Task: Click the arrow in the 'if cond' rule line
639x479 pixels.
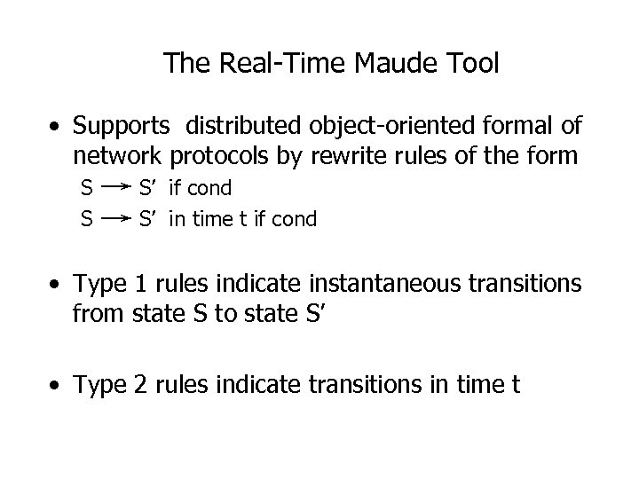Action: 114,188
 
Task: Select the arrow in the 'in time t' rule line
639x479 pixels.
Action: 114,218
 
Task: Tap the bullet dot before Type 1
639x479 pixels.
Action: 56,285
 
